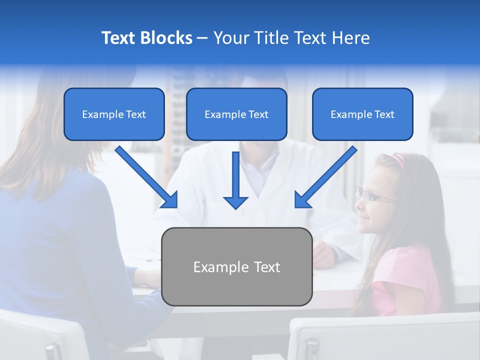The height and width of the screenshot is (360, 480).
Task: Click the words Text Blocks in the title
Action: pos(146,38)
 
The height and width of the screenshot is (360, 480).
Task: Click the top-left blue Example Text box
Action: pos(114,114)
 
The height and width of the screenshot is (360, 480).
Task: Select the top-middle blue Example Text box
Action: pos(236,114)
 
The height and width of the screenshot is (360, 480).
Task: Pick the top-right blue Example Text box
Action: pos(362,114)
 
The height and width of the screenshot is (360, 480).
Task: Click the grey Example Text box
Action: pos(236,267)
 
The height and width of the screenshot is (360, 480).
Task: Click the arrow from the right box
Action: pos(325,177)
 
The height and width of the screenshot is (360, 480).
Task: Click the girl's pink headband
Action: pos(397,159)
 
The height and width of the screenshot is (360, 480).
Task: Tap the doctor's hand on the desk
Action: pos(322,254)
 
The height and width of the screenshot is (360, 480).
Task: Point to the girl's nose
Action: pos(358,203)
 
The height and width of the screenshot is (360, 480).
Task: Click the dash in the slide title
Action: pos(202,38)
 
